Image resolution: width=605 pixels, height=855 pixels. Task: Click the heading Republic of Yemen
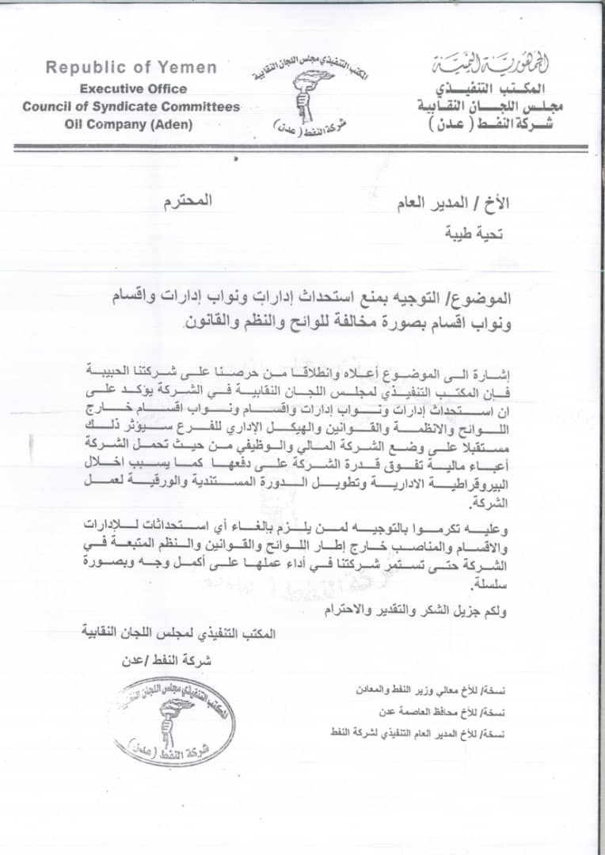pos(131,67)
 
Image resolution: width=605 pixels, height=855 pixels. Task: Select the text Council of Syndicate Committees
pos(131,106)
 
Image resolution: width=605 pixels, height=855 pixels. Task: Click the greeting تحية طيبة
pos(482,233)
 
